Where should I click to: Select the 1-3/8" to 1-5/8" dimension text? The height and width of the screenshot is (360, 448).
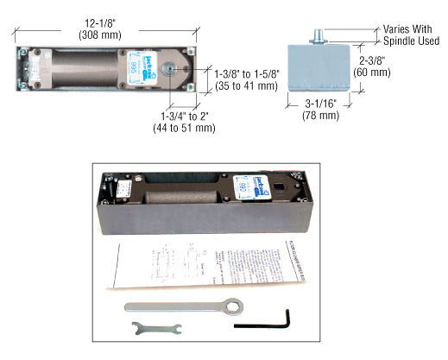[x=246, y=74]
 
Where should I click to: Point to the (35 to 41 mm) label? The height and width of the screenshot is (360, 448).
[x=246, y=86]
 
